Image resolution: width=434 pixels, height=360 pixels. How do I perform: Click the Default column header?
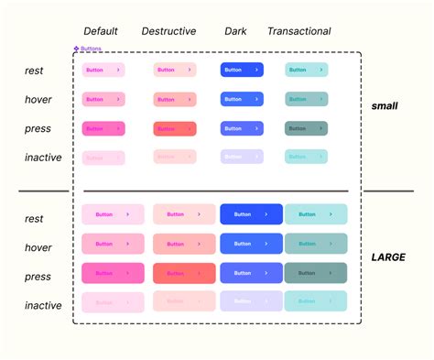pyautogui.click(x=100, y=31)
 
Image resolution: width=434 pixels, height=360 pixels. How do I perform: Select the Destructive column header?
pyautogui.click(x=168, y=31)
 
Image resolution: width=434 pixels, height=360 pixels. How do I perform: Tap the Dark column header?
pyautogui.click(x=235, y=31)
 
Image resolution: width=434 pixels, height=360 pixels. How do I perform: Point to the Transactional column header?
pyautogui.click(x=298, y=31)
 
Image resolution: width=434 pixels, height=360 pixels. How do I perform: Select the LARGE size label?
pyautogui.click(x=388, y=257)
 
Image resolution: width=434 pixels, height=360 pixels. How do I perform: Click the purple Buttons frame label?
pyautogui.click(x=90, y=49)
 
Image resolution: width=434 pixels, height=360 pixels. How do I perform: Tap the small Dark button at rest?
pyautogui.click(x=242, y=70)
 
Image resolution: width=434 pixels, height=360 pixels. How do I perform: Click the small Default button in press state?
pyautogui.click(x=103, y=128)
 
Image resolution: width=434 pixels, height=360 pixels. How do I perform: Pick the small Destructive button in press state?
pyautogui.click(x=175, y=128)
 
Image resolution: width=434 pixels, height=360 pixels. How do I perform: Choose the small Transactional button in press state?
pyautogui.click(x=306, y=128)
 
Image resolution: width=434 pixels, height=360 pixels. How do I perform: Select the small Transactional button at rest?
pyautogui.click(x=306, y=70)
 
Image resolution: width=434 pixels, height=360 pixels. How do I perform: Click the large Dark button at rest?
pyautogui.click(x=251, y=214)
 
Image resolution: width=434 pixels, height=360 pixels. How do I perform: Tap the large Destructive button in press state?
pyautogui.click(x=183, y=273)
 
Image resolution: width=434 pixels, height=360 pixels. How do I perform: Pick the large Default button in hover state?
pyautogui.click(x=113, y=244)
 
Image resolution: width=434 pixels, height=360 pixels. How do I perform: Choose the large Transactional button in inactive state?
pyautogui.click(x=316, y=301)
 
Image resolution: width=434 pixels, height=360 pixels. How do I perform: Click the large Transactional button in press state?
pyautogui.click(x=316, y=273)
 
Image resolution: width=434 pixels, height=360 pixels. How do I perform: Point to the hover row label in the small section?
pyautogui.click(x=38, y=100)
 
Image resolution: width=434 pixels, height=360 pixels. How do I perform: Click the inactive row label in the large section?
pyautogui.click(x=43, y=305)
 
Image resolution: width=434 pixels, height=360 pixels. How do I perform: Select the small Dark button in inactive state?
pyautogui.click(x=242, y=157)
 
